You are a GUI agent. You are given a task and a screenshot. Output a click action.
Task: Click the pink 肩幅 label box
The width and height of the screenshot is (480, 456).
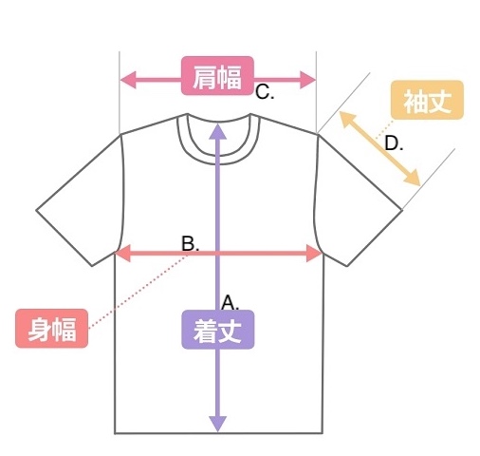(217, 76)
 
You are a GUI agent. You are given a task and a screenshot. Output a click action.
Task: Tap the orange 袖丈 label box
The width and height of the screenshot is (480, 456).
(427, 100)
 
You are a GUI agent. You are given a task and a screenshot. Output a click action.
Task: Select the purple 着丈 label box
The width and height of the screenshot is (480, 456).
(218, 330)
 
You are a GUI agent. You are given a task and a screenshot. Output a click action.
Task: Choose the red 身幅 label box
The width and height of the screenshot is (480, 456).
(51, 329)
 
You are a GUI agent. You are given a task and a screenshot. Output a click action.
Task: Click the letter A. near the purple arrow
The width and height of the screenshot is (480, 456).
(231, 302)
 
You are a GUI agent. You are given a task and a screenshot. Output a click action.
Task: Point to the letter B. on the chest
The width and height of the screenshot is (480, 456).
(191, 244)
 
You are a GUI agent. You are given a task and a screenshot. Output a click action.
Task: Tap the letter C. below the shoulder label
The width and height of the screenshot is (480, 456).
(265, 93)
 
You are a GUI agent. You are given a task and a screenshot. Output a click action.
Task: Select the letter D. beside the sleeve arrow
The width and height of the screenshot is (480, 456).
(394, 143)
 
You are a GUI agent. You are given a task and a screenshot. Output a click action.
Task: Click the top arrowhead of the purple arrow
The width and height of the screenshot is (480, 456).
(218, 131)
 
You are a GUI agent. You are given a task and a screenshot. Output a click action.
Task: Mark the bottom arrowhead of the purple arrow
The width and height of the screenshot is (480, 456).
(218, 424)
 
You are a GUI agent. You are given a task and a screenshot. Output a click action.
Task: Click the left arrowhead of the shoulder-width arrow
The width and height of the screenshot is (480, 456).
(128, 80)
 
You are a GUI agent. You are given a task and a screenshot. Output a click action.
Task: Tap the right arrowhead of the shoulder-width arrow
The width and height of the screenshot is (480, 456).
(307, 80)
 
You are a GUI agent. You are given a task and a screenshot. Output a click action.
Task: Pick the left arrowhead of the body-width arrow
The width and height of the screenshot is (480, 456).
(123, 253)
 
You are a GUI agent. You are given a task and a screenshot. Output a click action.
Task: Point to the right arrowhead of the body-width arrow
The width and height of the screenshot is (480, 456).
(314, 253)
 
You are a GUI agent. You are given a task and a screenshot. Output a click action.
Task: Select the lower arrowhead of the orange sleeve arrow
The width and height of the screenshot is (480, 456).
(412, 177)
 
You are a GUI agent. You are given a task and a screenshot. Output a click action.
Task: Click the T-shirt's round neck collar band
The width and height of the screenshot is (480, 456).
(218, 159)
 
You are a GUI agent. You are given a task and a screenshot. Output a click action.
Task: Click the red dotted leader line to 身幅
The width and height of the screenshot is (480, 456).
(138, 292)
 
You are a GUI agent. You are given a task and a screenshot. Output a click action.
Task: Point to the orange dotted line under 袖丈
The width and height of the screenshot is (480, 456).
(384, 129)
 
